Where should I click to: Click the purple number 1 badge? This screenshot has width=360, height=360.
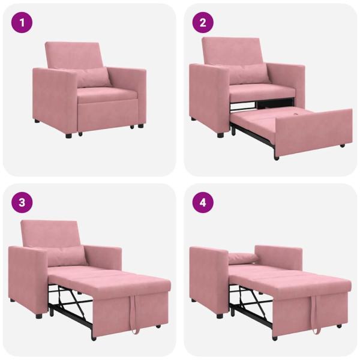click(22, 23)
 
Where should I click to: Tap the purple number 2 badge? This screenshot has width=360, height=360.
click(202, 23)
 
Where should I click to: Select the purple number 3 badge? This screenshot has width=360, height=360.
click(22, 202)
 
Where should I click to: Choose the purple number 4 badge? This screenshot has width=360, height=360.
click(202, 202)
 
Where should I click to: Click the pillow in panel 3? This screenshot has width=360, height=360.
click(67, 255)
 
